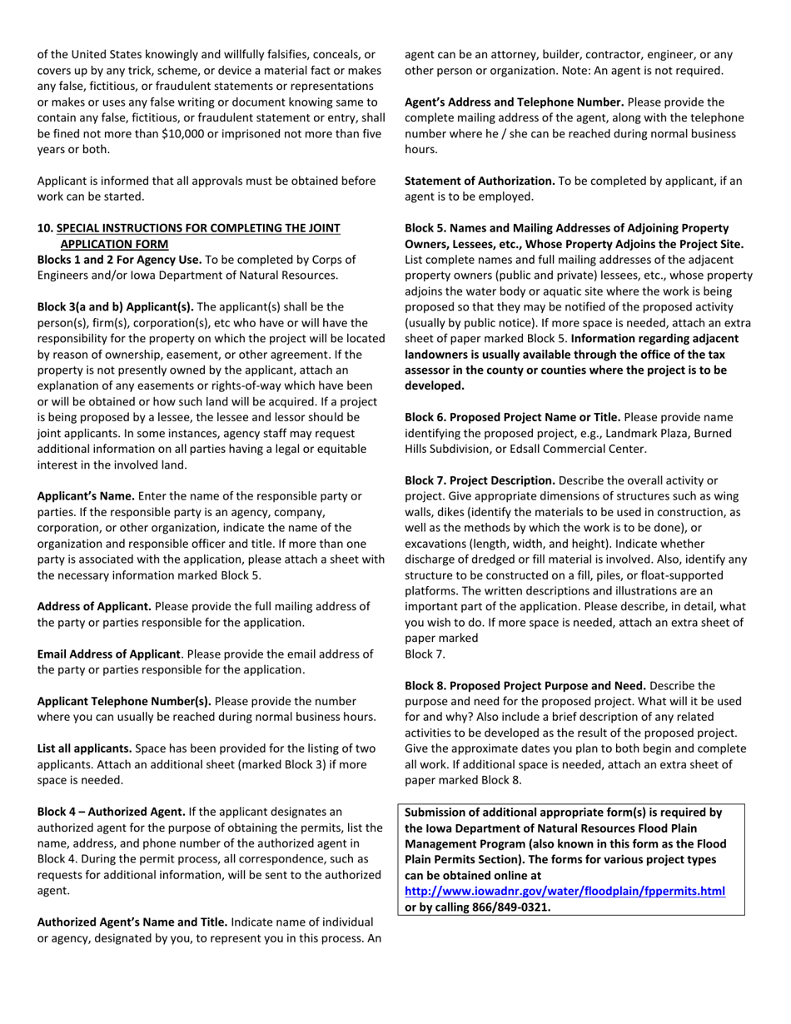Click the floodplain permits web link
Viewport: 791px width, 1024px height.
point(565,891)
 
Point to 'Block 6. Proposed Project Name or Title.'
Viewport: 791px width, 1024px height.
point(512,416)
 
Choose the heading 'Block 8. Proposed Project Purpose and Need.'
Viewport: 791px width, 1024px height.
point(525,686)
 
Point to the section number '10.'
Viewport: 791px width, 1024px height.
point(45,228)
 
